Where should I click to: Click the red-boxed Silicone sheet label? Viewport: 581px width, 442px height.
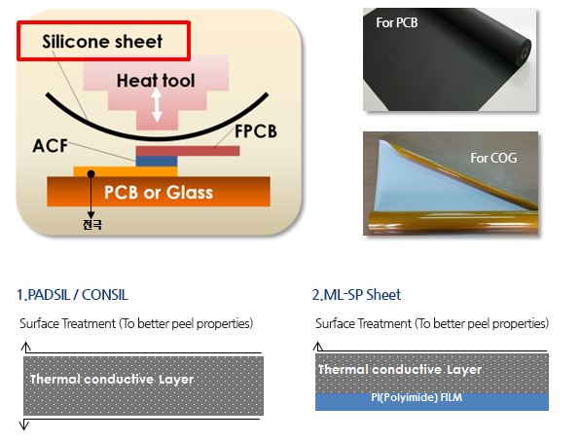(102, 41)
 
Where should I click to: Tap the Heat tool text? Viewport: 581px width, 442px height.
(156, 81)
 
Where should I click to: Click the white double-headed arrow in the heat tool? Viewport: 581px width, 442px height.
(157, 105)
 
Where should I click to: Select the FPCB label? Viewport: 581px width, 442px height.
(256, 131)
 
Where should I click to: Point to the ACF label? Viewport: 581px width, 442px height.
(51, 146)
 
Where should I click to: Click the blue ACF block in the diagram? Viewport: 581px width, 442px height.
(157, 162)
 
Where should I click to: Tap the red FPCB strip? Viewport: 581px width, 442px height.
(188, 151)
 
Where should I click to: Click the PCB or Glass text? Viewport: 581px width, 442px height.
(159, 193)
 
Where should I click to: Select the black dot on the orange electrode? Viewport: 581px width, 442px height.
(91, 173)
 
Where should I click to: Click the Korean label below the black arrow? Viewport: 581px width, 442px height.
(91, 225)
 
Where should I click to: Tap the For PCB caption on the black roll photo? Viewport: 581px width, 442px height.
(397, 22)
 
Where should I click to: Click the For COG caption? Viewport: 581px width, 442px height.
(493, 158)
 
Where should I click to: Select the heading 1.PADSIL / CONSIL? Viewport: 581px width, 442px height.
(72, 295)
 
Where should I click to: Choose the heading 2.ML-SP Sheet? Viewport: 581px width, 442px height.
(356, 295)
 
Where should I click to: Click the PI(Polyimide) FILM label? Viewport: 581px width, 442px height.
(417, 397)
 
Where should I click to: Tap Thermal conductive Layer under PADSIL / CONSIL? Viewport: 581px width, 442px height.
(112, 380)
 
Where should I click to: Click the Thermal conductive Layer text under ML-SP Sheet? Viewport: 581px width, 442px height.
(400, 369)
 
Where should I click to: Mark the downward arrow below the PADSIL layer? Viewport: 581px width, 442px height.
(24, 424)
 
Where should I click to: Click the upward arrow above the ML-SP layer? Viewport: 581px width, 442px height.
(317, 347)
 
